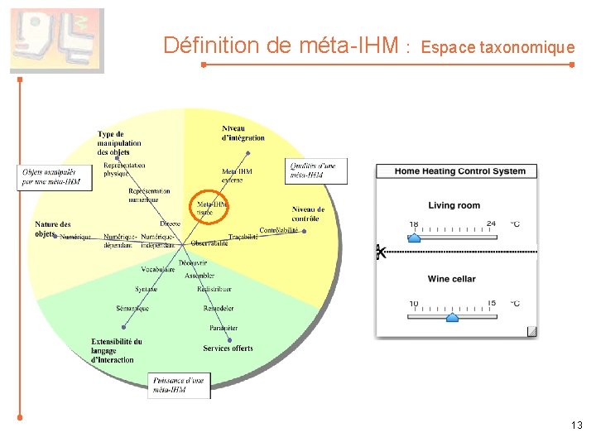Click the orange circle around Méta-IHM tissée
tap(210, 208)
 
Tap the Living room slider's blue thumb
tap(415, 238)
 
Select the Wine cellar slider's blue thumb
tap(452, 317)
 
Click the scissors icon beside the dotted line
tap(380, 252)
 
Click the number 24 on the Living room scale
tap(491, 223)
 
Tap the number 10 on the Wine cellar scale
tap(414, 303)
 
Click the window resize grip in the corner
tap(531, 332)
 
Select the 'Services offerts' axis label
tap(228, 348)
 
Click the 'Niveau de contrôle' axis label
tap(308, 214)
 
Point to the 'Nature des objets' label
tap(52, 228)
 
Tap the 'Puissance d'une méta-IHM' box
tap(180, 385)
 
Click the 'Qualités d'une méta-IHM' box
tap(317, 170)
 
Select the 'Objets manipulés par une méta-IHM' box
tap(51, 177)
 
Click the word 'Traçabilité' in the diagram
tap(243, 237)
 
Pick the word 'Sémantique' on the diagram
tap(132, 308)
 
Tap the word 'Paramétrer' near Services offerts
tap(223, 329)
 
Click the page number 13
tap(576, 425)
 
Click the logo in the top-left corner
tap(56, 41)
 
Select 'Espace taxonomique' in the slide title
tap(497, 47)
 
